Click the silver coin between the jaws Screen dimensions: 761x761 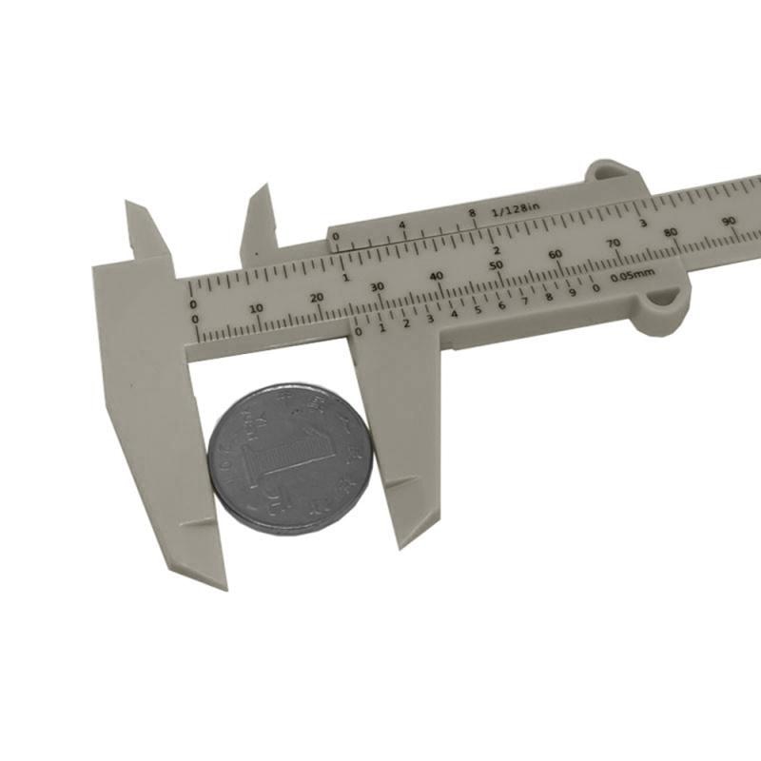point(290,459)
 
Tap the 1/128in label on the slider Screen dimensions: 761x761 point(516,208)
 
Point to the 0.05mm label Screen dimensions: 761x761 point(633,276)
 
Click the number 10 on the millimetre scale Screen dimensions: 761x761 point(256,308)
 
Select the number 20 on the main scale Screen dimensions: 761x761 point(317,297)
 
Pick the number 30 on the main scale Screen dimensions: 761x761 point(377,286)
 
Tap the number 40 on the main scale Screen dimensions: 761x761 point(437,276)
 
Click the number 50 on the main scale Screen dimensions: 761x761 point(496,264)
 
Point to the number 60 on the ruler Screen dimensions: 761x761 point(556,254)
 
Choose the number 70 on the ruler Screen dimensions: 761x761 point(614,244)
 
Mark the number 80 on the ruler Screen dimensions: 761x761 point(672,233)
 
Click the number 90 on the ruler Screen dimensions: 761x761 point(729,223)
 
